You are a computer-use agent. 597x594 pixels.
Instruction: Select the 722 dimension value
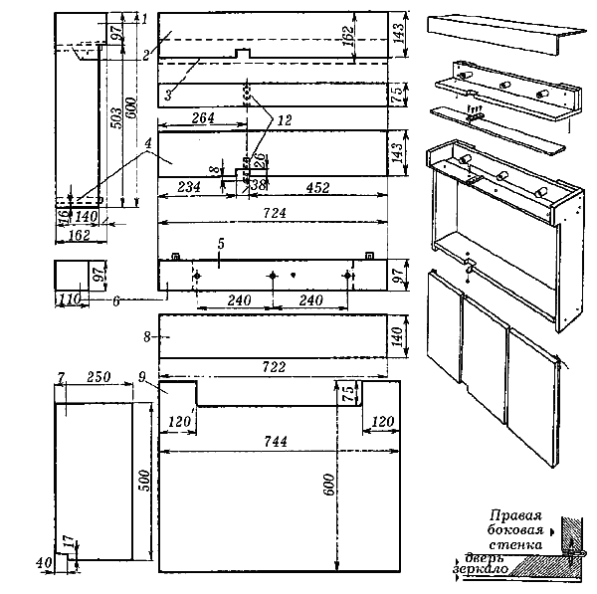click(274, 366)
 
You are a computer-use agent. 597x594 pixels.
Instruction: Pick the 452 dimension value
click(317, 186)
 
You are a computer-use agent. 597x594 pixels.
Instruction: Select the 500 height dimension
click(144, 482)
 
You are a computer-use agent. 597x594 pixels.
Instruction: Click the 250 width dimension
click(97, 378)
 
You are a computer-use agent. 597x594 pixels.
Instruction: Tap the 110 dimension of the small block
click(69, 297)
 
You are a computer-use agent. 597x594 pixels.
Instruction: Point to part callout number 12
click(285, 119)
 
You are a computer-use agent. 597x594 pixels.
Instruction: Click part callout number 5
click(221, 242)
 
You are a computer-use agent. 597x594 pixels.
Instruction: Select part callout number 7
click(61, 378)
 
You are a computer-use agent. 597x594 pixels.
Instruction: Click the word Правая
click(514, 515)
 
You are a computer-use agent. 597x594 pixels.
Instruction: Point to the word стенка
click(516, 544)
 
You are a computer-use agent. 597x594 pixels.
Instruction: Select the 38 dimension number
click(259, 185)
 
